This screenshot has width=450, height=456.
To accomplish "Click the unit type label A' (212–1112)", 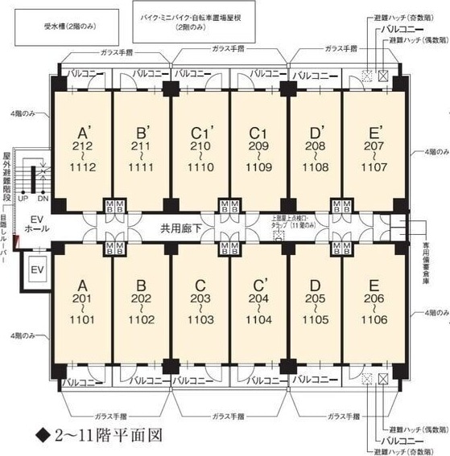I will [x=82, y=131].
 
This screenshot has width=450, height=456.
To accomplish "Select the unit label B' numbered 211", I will [x=144, y=131].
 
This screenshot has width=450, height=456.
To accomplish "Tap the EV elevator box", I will [x=36, y=269].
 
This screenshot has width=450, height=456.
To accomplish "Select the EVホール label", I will [x=35, y=224].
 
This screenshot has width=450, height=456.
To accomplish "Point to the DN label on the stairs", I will [x=43, y=198].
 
